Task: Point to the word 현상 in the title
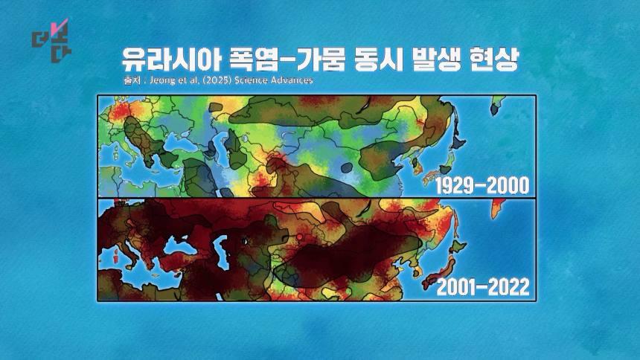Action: (x=494, y=60)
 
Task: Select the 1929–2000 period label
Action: (x=482, y=186)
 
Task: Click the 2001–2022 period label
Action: (x=483, y=287)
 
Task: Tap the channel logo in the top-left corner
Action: (x=52, y=40)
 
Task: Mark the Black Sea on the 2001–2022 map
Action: (x=176, y=245)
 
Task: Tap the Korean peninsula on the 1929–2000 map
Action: (x=417, y=165)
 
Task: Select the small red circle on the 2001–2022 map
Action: (x=300, y=237)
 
